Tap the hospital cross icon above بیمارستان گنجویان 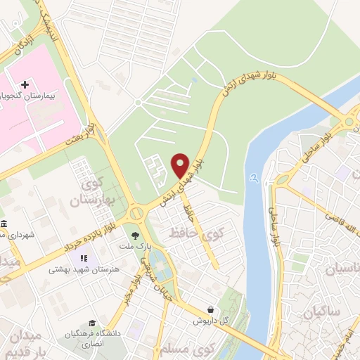(x=25, y=84)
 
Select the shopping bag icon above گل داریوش (x=211, y=309)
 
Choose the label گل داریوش (x=212, y=321)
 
